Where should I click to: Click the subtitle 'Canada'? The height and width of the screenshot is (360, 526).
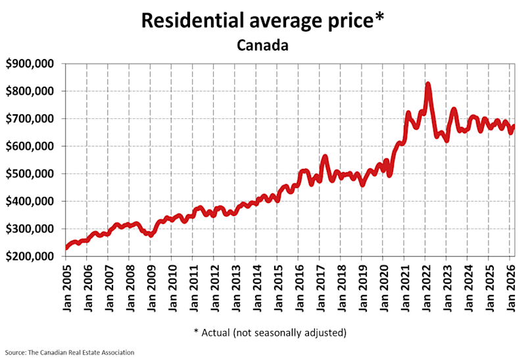click(x=263, y=46)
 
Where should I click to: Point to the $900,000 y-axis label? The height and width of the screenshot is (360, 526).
click(x=33, y=64)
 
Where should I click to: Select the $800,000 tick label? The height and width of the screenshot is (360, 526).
click(x=33, y=91)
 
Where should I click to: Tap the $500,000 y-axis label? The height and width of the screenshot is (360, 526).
click(x=33, y=174)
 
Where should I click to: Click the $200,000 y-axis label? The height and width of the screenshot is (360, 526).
click(x=33, y=257)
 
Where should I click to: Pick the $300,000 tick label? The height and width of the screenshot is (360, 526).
click(x=33, y=229)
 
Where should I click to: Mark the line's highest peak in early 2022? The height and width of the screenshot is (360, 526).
click(x=428, y=84)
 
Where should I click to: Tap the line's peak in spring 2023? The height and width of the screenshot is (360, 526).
click(x=454, y=109)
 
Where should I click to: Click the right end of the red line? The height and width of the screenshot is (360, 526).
click(x=514, y=126)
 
